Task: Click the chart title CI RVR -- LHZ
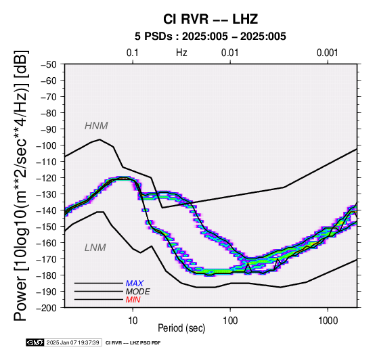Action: coord(211,19)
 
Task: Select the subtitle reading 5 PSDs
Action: coord(153,37)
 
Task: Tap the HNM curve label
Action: coord(96,126)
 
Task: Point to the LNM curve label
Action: coord(95,248)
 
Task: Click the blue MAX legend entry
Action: coord(135,284)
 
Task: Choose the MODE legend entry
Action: coord(138,292)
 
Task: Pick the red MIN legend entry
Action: coord(133,300)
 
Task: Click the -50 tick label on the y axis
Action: coord(48,64)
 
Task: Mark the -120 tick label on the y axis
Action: coord(47,178)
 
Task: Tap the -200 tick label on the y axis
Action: coord(47,308)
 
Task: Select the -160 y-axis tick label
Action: coord(47,243)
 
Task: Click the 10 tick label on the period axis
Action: coord(133,321)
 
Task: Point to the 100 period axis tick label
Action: coord(230,321)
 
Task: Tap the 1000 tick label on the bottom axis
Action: coord(328,321)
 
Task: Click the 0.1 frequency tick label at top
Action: coord(133,53)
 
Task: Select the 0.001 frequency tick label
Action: coord(327,53)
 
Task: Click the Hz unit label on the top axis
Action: coord(181,53)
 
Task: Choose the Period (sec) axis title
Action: coord(181,328)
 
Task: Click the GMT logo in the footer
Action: coord(35,342)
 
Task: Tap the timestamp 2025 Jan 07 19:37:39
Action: coord(72,342)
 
